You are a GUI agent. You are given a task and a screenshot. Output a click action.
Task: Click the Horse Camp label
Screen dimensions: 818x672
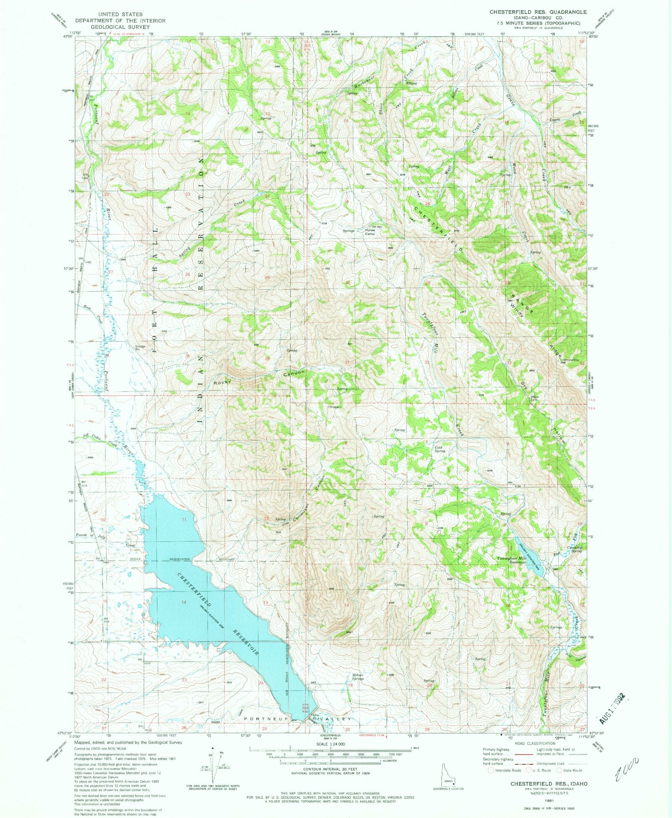[x=370, y=232]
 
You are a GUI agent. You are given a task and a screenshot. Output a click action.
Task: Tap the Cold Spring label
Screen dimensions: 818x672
[x=439, y=449]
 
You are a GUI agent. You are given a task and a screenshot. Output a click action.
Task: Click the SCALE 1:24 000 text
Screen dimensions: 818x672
[x=331, y=744]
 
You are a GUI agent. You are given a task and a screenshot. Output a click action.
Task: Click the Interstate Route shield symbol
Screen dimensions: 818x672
[x=491, y=770]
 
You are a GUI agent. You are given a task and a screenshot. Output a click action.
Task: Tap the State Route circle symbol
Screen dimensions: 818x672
[x=559, y=770]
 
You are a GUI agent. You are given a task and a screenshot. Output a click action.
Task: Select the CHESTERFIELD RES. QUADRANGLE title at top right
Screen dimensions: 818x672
[x=538, y=12]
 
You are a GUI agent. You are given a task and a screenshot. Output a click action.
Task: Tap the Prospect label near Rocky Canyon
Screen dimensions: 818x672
[x=335, y=407]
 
